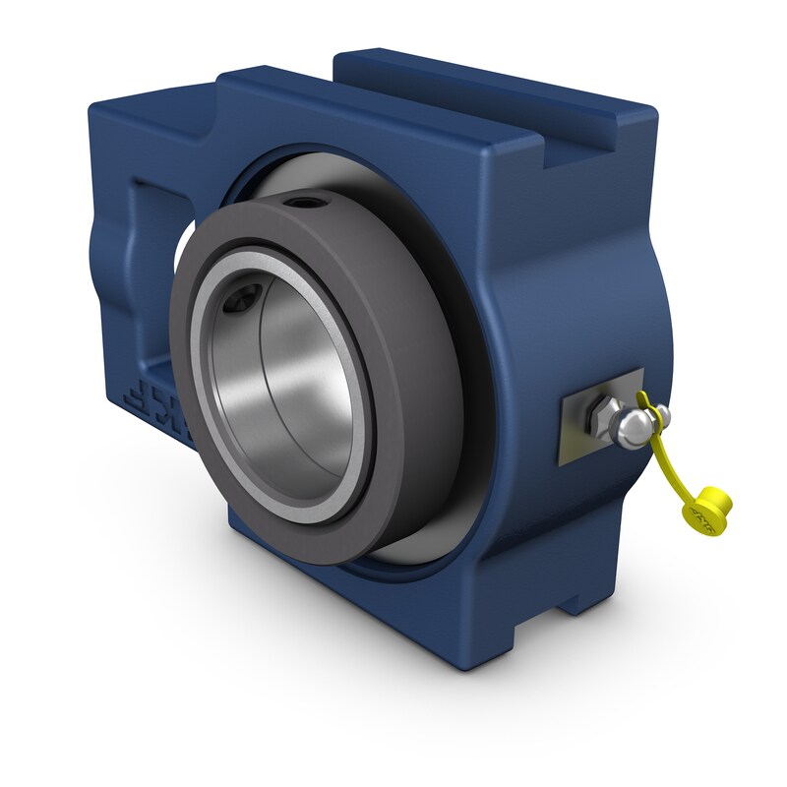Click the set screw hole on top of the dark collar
point(299,204)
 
